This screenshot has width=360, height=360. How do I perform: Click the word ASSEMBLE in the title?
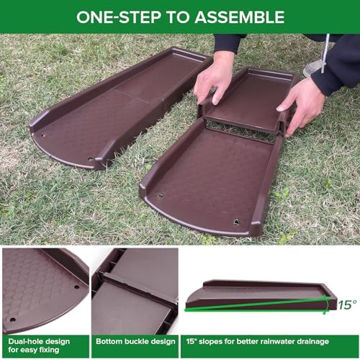240,17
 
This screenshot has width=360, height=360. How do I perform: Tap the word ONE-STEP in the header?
119,17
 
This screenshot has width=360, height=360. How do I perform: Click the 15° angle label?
347,305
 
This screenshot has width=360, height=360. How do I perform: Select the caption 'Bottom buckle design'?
135,341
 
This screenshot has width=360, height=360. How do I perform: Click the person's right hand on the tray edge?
215,78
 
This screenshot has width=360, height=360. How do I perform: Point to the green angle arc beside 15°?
327,305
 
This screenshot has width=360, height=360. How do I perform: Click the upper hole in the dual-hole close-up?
76,287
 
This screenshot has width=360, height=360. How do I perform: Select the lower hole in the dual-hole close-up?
12,320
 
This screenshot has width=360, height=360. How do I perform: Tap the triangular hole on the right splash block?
236,222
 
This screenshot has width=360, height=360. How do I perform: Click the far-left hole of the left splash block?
43,135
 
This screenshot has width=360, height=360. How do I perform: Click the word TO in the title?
178,17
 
